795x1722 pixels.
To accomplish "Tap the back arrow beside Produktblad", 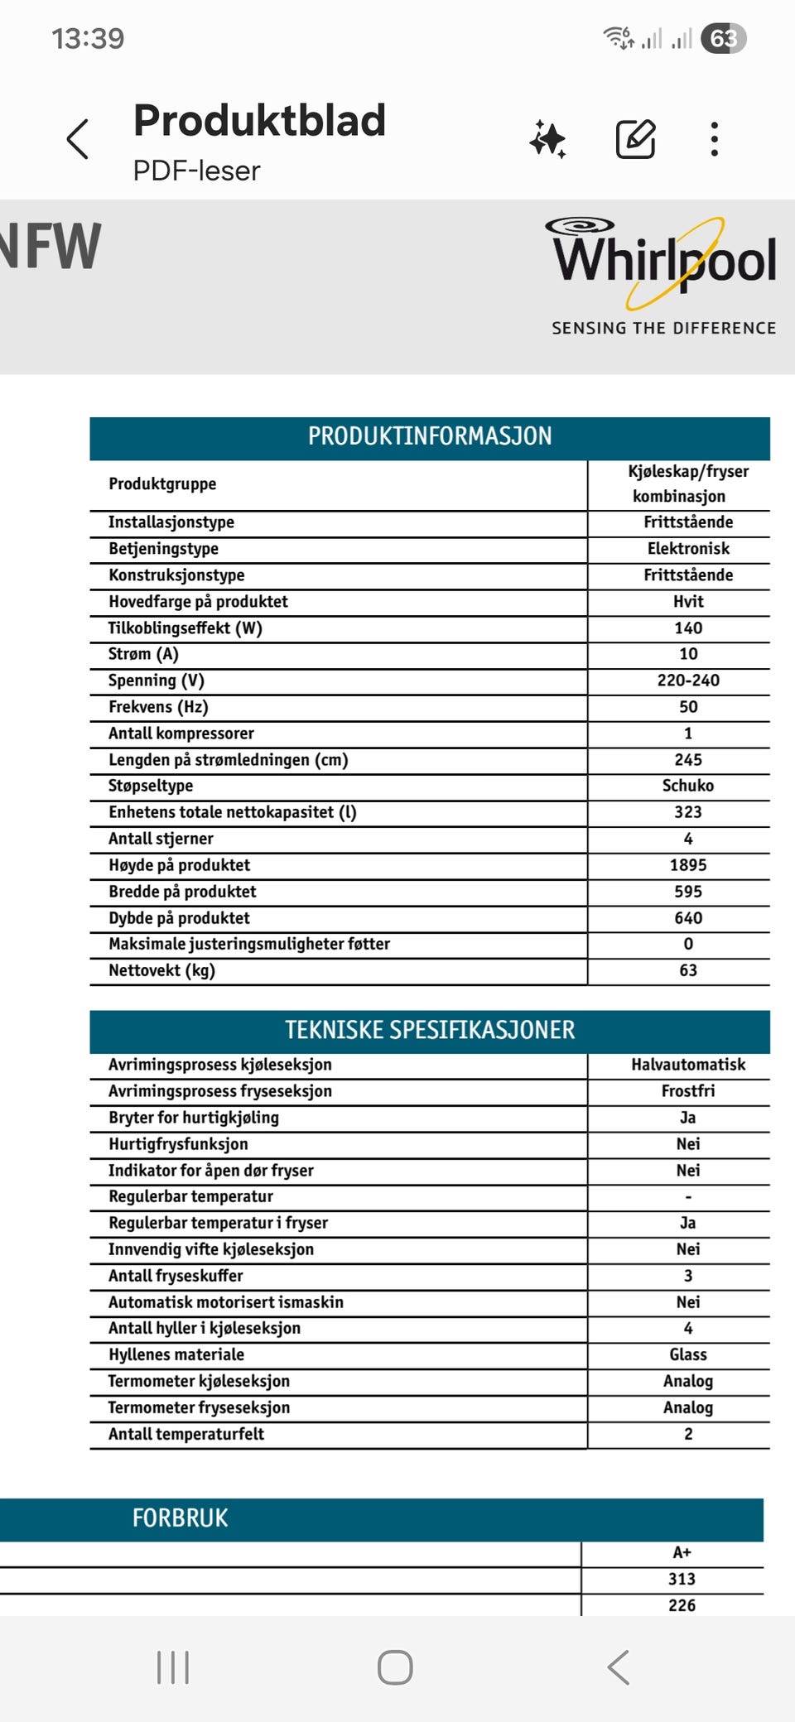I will (78, 139).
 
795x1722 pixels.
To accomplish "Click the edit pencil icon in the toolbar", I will (636, 139).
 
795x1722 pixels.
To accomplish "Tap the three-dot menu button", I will (714, 139).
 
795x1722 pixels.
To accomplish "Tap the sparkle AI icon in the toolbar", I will (548, 139).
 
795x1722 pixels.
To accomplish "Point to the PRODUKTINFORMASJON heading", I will (430, 436).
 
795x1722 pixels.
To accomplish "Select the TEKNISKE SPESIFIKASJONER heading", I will (430, 1030).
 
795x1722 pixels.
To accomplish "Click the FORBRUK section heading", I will (181, 1518).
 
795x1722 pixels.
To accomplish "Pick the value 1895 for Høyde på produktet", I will (688, 865).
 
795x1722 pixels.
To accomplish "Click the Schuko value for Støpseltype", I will (688, 786).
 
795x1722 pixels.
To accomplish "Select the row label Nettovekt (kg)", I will (162, 970).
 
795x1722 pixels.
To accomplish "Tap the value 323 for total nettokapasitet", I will (688, 812).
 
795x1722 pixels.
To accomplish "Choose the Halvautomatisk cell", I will (688, 1065).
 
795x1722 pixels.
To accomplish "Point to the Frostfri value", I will (688, 1091).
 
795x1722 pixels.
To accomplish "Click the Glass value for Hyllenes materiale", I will (688, 1354).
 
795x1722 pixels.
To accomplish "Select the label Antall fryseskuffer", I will (176, 1276).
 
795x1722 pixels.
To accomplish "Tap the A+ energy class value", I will (682, 1553).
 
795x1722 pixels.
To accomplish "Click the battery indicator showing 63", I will (724, 39).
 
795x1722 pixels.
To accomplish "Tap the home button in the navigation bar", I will (395, 1667).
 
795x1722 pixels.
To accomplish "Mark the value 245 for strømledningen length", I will (688, 759).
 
